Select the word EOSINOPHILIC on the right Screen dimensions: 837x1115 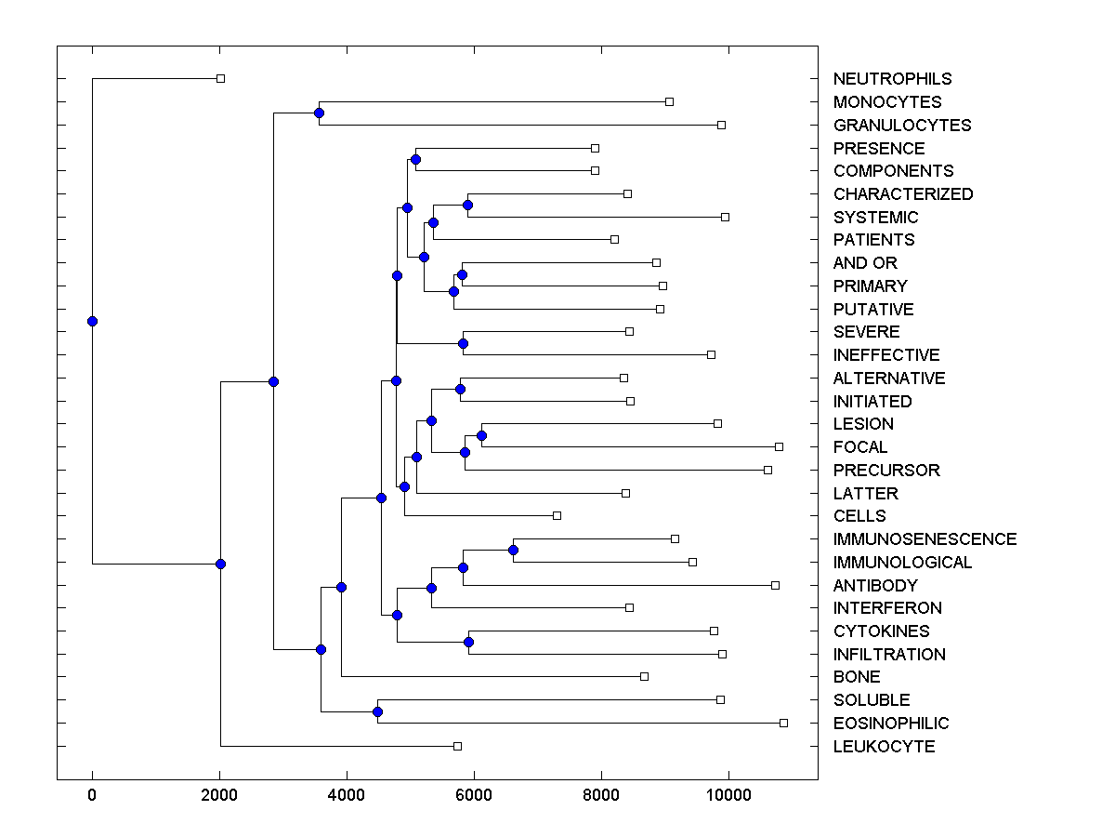click(x=891, y=724)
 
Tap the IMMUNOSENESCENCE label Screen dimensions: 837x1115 click(x=925, y=539)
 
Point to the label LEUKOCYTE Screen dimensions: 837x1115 click(x=884, y=747)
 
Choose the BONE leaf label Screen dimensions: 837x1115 click(x=857, y=677)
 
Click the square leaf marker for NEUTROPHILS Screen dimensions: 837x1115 click(x=220, y=78)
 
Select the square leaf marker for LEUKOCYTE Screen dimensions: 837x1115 click(x=457, y=746)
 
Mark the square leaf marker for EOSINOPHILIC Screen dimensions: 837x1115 click(x=783, y=723)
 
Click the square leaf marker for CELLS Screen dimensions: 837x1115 click(x=557, y=515)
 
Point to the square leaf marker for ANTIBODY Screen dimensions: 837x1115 click(x=775, y=585)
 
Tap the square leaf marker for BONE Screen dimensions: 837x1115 click(x=644, y=676)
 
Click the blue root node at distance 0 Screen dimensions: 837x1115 click(x=92, y=321)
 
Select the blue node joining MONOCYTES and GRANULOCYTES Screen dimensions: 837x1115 click(x=319, y=113)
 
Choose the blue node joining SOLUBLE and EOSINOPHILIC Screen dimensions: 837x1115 click(x=377, y=711)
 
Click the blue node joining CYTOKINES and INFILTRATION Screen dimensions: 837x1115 click(x=468, y=642)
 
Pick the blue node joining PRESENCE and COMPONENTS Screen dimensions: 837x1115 click(x=415, y=159)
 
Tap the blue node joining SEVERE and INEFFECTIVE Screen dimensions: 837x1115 click(x=463, y=343)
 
